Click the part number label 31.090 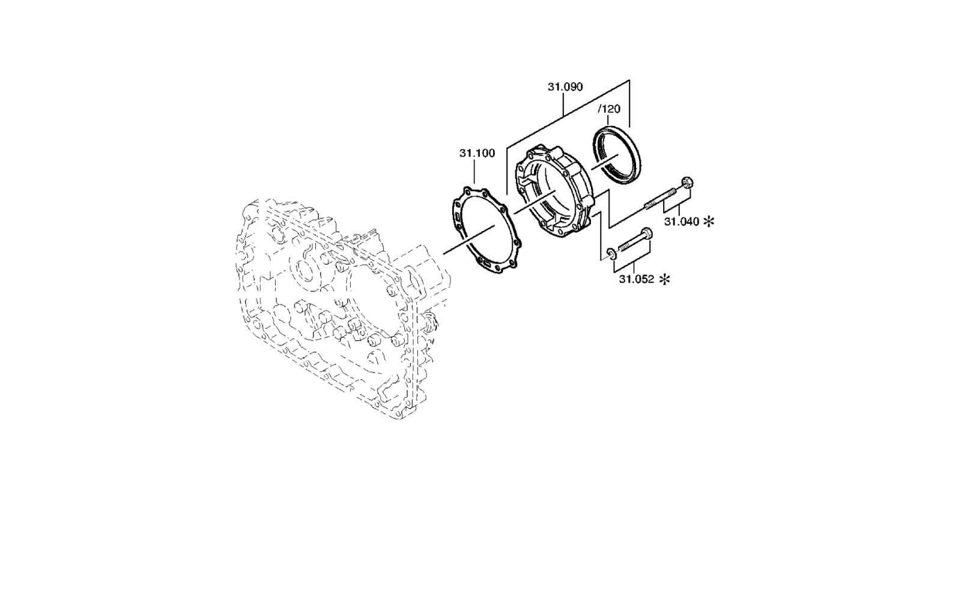pos(565,87)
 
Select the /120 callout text pos(609,109)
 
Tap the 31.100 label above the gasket pos(477,153)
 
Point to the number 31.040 pos(682,221)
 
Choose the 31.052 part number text pos(636,280)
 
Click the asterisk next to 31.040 pos(709,221)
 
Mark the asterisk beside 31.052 pos(664,280)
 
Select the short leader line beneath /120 pos(607,120)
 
